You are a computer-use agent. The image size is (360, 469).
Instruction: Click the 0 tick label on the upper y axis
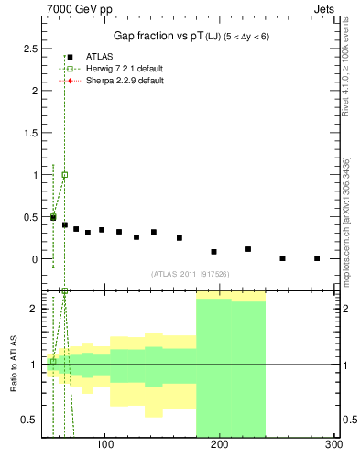tap(35, 259)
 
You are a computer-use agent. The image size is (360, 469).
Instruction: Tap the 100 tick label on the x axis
tap(104, 445)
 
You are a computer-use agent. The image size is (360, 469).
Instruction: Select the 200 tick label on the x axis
tap(219, 445)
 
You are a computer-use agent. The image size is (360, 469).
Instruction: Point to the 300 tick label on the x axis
tap(333, 445)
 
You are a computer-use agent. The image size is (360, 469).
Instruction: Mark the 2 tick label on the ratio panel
tap(35, 309)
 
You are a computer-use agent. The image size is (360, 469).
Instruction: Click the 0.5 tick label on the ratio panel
tap(30, 420)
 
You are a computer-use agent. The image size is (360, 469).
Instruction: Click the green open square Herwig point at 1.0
tap(64, 174)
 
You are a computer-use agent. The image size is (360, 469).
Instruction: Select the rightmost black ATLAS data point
tap(316, 258)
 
